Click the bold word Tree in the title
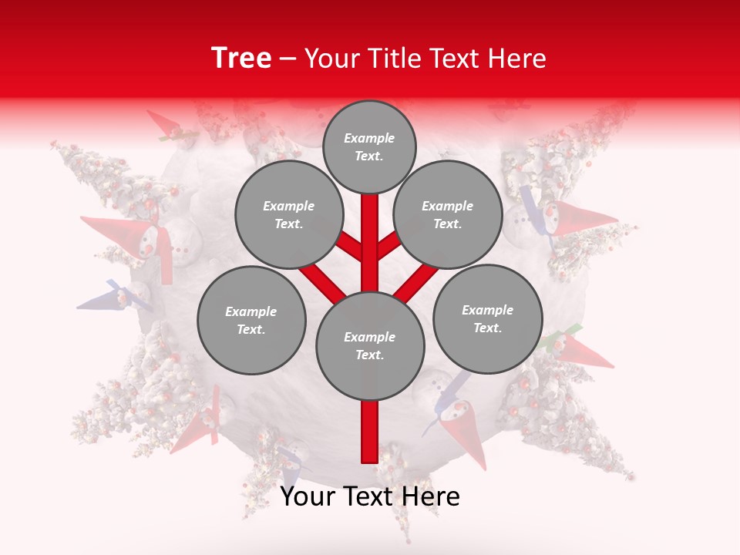[241, 58]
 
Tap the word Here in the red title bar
[517, 58]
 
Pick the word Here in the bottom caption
[432, 496]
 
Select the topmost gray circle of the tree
[369, 146]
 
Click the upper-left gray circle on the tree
[288, 214]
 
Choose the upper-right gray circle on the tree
[447, 214]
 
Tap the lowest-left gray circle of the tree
[251, 320]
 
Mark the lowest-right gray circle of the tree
[487, 318]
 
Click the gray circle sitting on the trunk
[370, 345]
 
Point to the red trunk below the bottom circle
[370, 432]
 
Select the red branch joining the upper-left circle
[348, 245]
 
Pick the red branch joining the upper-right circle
[389, 245]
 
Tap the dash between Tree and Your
[288, 59]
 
